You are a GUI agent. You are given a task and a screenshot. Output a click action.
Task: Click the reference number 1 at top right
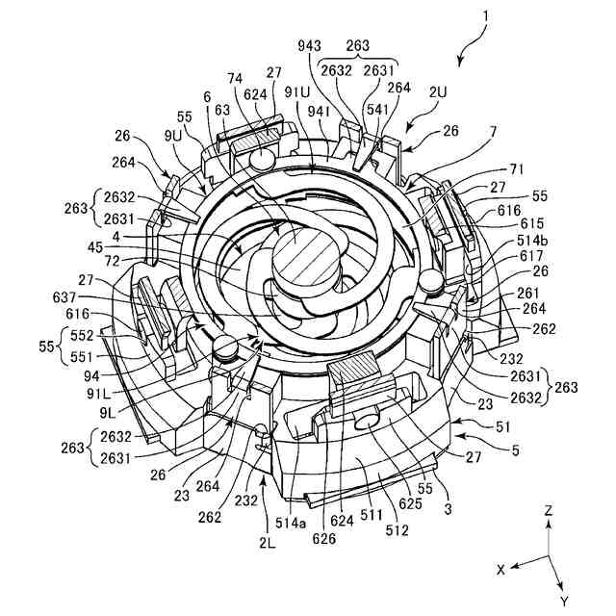tap(486, 16)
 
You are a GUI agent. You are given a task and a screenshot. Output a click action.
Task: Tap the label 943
tap(310, 45)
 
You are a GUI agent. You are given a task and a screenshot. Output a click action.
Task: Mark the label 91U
tap(297, 91)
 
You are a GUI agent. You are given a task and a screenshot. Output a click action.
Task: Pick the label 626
tap(324, 539)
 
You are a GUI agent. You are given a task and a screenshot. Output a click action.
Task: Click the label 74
tap(235, 80)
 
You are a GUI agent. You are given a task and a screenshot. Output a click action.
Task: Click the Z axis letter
tap(548, 512)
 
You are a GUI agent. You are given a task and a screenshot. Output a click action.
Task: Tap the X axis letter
tap(500, 570)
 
